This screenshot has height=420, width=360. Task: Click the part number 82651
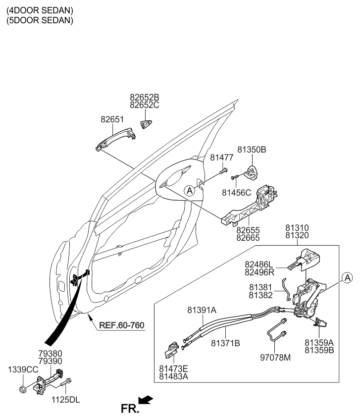(x=112, y=120)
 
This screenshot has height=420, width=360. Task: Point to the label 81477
(x=221, y=157)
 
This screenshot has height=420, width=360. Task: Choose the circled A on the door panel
(x=189, y=190)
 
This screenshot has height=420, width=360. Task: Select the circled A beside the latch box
(x=347, y=277)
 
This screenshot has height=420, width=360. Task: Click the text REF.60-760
(x=121, y=325)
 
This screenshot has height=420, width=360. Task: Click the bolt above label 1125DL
(x=67, y=383)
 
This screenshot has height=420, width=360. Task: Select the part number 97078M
(x=277, y=357)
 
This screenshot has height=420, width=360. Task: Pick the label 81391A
(x=202, y=311)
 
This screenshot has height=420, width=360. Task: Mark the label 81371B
(x=225, y=343)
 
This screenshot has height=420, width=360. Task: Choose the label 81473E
(x=174, y=368)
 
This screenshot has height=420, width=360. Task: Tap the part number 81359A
(x=319, y=342)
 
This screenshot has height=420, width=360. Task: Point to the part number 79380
(x=51, y=354)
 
